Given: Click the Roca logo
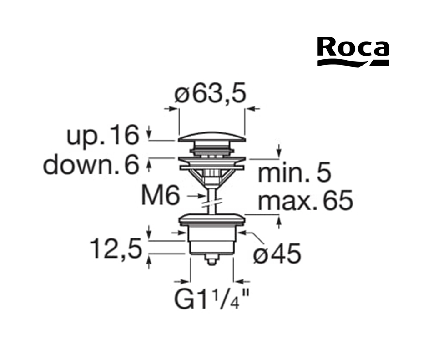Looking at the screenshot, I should [353, 51].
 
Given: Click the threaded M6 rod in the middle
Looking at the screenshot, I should [212, 198].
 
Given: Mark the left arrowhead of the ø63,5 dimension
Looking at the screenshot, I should [173, 109].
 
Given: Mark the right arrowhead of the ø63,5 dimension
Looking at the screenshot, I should [251, 109].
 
